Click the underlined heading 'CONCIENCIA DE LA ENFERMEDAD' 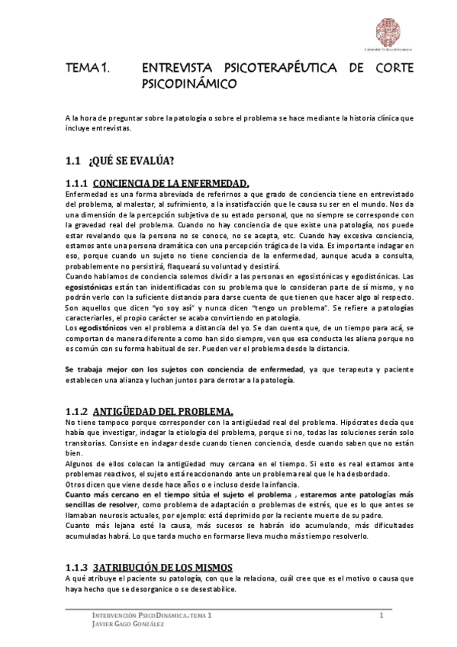(x=172, y=183)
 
